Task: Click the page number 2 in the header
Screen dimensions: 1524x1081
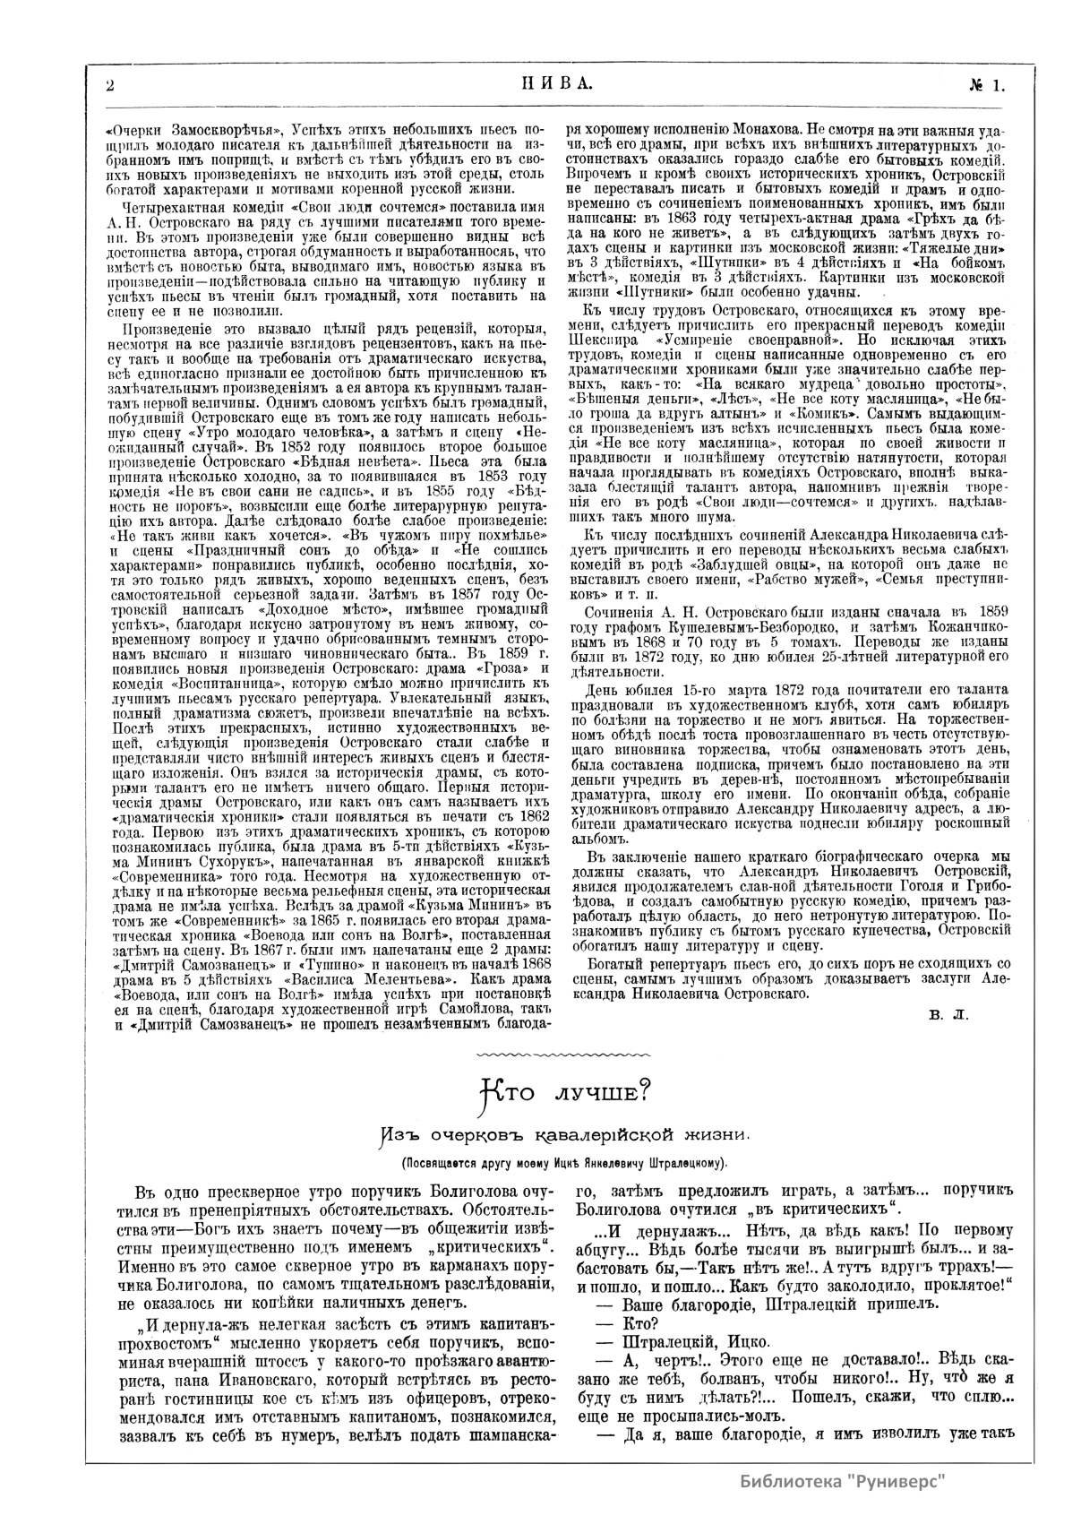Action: [108, 86]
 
